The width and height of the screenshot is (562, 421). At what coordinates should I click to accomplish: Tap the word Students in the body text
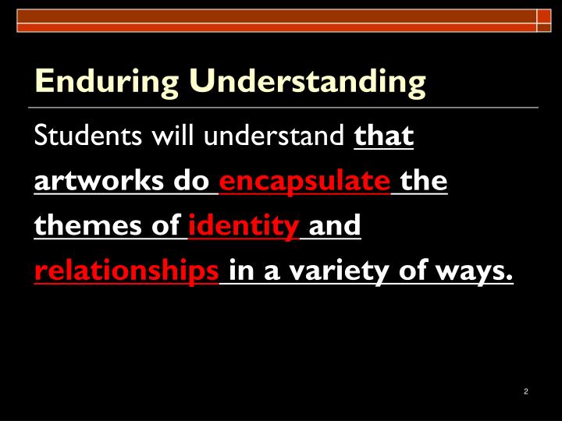coord(76,136)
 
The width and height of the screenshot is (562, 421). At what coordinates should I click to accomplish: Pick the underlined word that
coord(383,136)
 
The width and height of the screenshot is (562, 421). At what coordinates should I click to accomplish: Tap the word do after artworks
coord(192,182)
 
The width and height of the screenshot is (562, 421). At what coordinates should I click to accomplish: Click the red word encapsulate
coord(304,182)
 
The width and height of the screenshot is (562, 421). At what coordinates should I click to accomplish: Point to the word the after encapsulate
coord(424,182)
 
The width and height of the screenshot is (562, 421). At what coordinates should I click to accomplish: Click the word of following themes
coord(165,226)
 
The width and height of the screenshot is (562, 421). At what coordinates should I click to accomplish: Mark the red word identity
coord(243,226)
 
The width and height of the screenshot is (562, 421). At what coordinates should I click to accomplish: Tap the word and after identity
coord(336,226)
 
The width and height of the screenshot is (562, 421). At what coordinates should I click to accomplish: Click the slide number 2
coord(526,391)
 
